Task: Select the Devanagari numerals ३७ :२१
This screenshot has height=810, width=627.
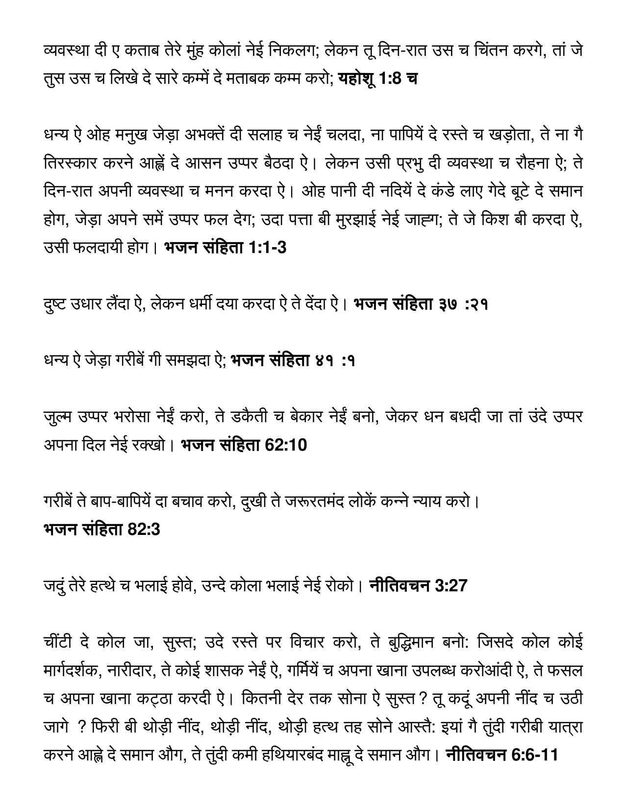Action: pyautogui.click(x=462, y=304)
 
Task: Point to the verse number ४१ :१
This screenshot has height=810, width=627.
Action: pyautogui.click(x=335, y=361)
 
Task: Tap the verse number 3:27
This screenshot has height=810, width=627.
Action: pyautogui.click(x=451, y=585)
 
